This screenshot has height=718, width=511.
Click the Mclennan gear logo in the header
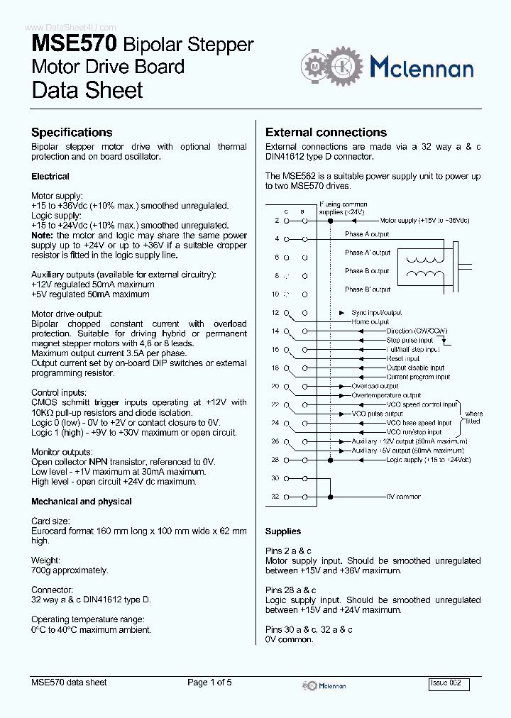[330, 67]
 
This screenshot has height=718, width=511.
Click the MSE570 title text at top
[75, 45]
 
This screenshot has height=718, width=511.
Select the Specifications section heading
[72, 133]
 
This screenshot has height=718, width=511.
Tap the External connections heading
[326, 133]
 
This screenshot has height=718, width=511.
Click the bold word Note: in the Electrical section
[43, 236]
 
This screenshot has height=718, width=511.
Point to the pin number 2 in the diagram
[277, 221]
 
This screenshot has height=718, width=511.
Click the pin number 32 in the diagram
[275, 497]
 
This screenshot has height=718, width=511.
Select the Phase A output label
[367, 234]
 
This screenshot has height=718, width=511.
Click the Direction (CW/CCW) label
[417, 331]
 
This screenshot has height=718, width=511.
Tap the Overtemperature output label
[386, 395]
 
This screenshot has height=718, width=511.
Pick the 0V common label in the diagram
[403, 497]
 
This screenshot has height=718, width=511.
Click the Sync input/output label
[376, 312]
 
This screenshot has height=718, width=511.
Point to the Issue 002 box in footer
[449, 683]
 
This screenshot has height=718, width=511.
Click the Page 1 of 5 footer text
[209, 683]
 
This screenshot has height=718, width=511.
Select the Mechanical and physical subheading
[82, 502]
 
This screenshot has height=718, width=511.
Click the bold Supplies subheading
[283, 531]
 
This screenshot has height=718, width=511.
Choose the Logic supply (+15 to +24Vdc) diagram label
[428, 460]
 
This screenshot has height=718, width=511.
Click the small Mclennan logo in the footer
[324, 685]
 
